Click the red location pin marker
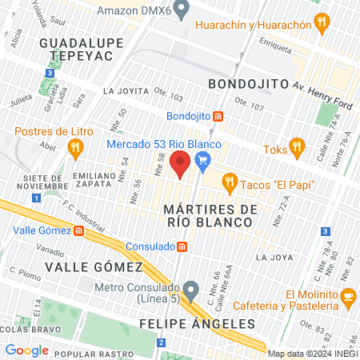pyautogui.click(x=181, y=163)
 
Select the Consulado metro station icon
pyautogui.click(x=182, y=246)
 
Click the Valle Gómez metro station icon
pyautogui.click(x=79, y=231)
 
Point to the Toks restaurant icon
pyautogui.click(x=298, y=146)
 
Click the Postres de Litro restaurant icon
pyautogui.click(x=76, y=146)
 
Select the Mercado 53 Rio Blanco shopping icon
pyautogui.click(x=203, y=162)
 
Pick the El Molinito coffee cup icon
pyautogui.click(x=348, y=297)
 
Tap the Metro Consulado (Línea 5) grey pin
pyautogui.click(x=190, y=289)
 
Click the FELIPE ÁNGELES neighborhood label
pyautogui.click(x=197, y=324)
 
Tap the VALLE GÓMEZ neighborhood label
pyautogui.click(x=94, y=266)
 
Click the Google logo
pyautogui.click(x=27, y=350)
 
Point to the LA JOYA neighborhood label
pyautogui.click(x=270, y=258)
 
